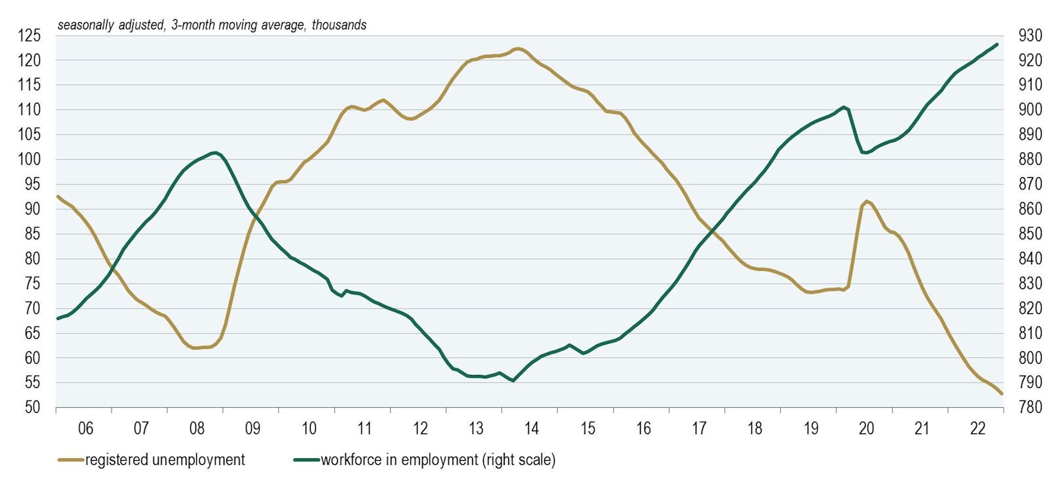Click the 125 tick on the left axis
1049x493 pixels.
(29, 35)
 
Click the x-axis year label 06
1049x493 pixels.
(85, 429)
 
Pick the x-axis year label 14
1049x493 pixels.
(532, 429)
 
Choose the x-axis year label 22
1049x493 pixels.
(978, 429)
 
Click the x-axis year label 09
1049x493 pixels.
(252, 429)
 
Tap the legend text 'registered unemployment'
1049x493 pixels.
(165, 460)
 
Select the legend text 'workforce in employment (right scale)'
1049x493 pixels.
(438, 460)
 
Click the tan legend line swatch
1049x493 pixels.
(71, 460)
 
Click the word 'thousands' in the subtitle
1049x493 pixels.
(339, 26)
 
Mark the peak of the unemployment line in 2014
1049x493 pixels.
(517, 49)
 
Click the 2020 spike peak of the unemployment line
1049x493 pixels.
(867, 201)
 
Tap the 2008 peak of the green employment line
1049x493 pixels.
(214, 153)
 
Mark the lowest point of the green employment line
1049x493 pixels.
(513, 380)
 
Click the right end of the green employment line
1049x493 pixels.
(997, 45)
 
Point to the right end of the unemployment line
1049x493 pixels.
(1001, 393)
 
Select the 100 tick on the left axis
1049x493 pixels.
(29, 159)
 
